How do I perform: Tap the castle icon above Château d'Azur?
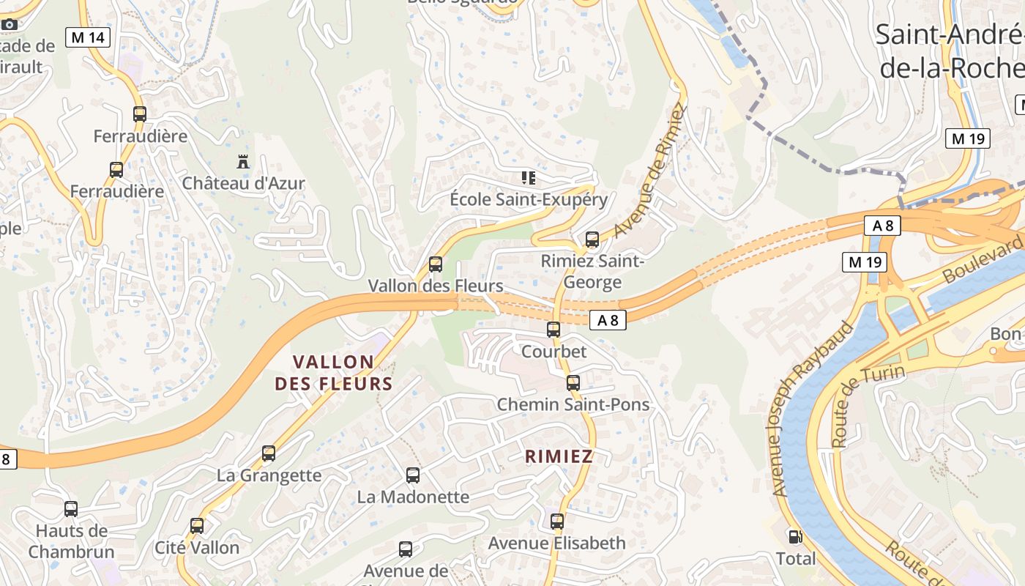[243, 161]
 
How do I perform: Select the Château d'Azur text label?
[243, 183]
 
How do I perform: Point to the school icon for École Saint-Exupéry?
[528, 177]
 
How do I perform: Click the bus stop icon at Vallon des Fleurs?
[436, 264]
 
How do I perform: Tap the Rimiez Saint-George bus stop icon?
[592, 240]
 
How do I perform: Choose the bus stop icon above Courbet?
[553, 330]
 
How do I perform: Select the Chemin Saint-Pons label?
[573, 404]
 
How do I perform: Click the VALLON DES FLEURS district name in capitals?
[334, 373]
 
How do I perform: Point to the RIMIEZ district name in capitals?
[559, 456]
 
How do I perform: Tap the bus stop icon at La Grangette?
[269, 453]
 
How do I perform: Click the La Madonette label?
[413, 497]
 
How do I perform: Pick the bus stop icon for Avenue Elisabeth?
[557, 522]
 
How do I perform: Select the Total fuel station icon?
[795, 537]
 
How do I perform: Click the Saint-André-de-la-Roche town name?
[950, 51]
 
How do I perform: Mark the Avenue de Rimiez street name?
[649, 171]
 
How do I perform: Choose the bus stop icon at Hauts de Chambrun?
[71, 509]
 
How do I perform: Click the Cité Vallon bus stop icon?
[197, 526]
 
